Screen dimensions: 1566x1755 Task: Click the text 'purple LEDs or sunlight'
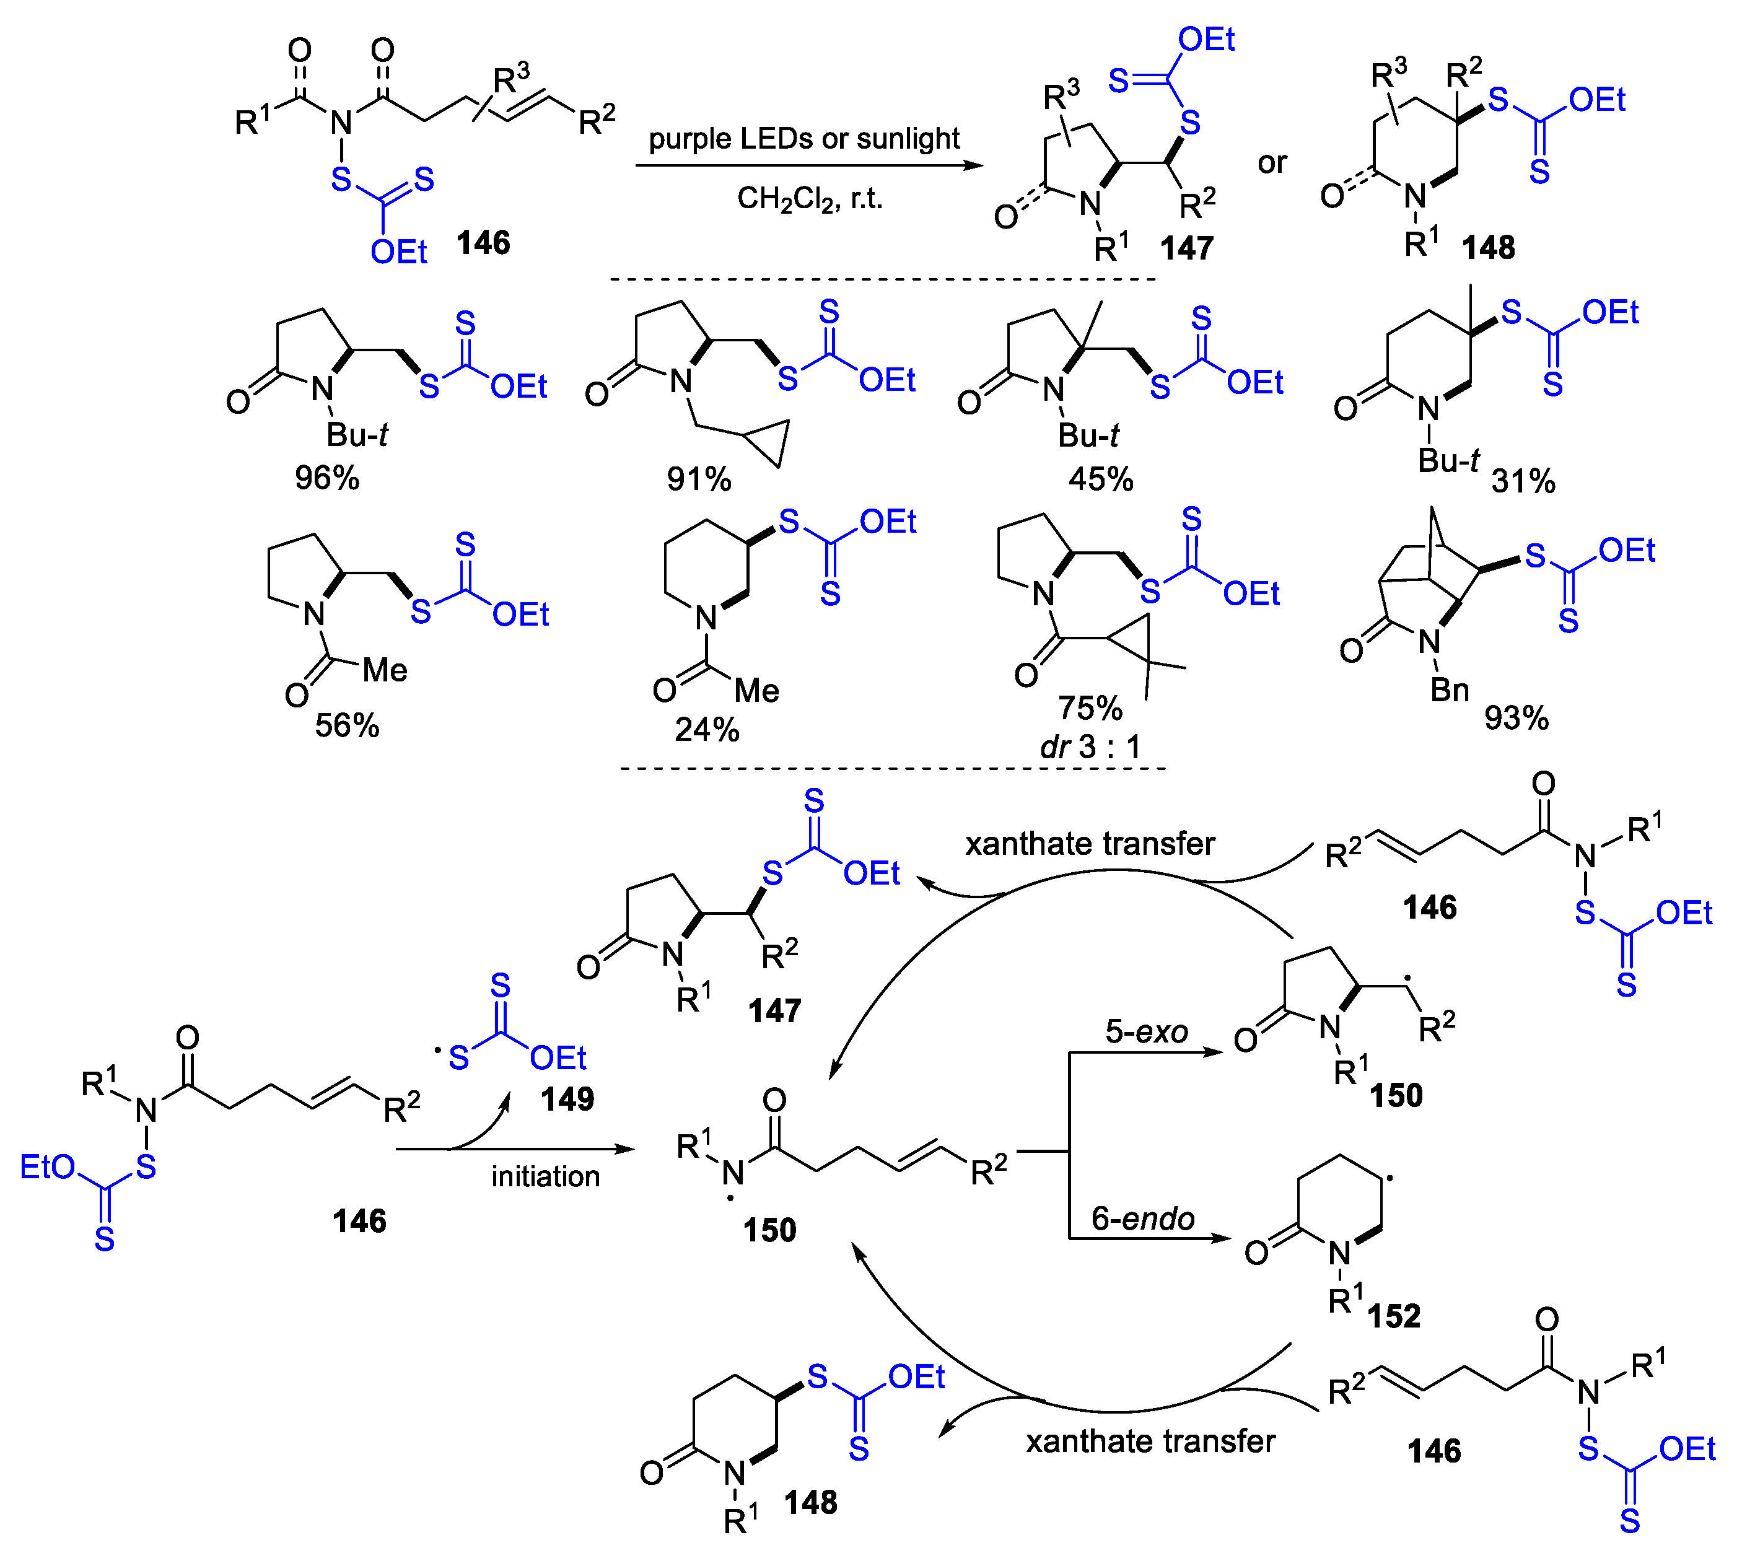pos(803,139)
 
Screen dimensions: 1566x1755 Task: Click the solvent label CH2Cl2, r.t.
pos(810,199)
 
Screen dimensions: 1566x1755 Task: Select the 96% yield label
pos(327,478)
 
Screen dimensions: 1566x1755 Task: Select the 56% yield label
pos(347,725)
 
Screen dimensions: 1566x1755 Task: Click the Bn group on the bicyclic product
pos(1449,690)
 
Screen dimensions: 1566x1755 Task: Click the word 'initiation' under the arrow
pos(545,1176)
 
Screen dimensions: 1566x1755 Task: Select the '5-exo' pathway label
pos(1146,1031)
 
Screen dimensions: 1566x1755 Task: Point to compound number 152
pos(1394,1316)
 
